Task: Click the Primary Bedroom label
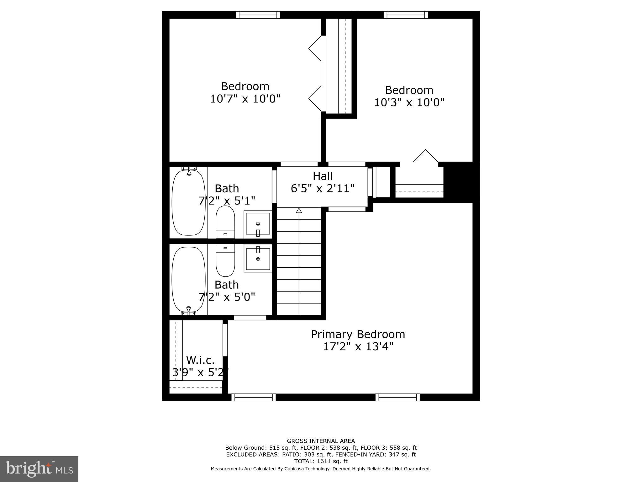click(x=358, y=334)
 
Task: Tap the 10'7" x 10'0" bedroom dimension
click(x=245, y=99)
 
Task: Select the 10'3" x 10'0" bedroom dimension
click(x=409, y=102)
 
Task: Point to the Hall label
click(x=323, y=176)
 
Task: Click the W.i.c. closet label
click(x=200, y=360)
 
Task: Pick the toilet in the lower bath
click(x=225, y=260)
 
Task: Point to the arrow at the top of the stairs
click(x=299, y=211)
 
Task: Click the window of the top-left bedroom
click(x=258, y=15)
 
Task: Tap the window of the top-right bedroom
click(x=406, y=15)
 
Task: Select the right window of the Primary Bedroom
click(x=397, y=397)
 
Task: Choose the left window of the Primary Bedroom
click(x=253, y=397)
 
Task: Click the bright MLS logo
click(x=39, y=469)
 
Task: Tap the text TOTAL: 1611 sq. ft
click(x=321, y=461)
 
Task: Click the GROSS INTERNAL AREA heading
click(x=321, y=441)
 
